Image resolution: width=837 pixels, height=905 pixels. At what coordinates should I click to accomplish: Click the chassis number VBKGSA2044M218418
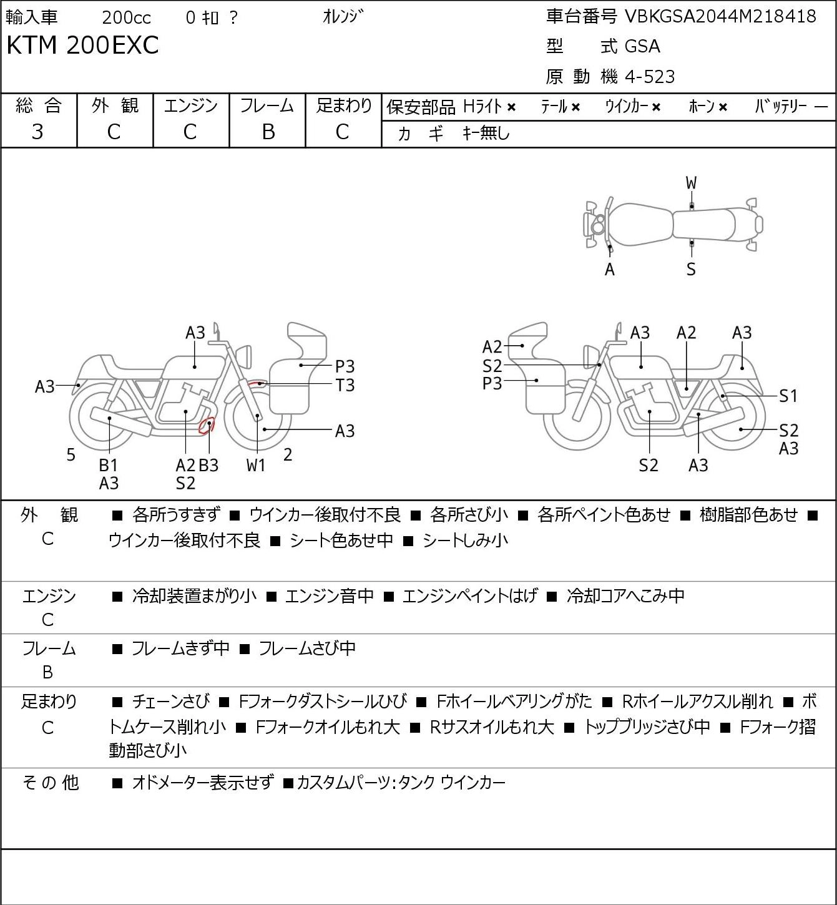tap(720, 17)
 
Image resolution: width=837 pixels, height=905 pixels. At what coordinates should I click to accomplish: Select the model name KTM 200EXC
tap(82, 45)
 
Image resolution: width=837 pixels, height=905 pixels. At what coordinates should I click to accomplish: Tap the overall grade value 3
tap(37, 132)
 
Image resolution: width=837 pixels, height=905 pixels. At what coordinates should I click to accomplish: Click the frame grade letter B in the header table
tap(268, 132)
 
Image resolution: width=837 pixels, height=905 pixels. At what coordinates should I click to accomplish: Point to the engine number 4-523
tap(650, 77)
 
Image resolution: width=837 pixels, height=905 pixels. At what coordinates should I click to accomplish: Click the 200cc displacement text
tap(126, 17)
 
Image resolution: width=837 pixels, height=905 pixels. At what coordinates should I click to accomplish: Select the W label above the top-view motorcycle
tap(691, 183)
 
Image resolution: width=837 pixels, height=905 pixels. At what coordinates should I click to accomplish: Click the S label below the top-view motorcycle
tap(691, 269)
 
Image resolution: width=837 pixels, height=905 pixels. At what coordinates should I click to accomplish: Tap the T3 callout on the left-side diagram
tap(345, 386)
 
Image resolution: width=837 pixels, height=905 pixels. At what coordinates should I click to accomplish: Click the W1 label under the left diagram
tap(256, 465)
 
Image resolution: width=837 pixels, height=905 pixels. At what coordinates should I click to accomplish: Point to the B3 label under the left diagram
tap(209, 465)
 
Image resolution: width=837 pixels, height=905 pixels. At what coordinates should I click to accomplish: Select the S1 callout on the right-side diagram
tap(788, 396)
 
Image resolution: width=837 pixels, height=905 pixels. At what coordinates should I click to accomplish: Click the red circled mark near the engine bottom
tap(207, 424)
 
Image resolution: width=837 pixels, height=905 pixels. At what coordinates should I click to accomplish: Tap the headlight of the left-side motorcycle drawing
tap(244, 357)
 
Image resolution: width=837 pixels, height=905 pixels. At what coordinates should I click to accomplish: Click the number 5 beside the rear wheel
tap(71, 454)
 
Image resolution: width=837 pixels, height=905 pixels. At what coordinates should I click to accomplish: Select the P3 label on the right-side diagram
tap(492, 384)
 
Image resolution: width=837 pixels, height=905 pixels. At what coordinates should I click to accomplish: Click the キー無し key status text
tap(486, 134)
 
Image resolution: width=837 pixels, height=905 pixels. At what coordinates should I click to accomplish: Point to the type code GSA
tap(642, 46)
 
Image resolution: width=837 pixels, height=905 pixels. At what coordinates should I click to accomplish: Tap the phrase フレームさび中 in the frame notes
tap(307, 648)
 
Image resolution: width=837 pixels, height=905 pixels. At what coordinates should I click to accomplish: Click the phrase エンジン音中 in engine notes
tap(330, 595)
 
